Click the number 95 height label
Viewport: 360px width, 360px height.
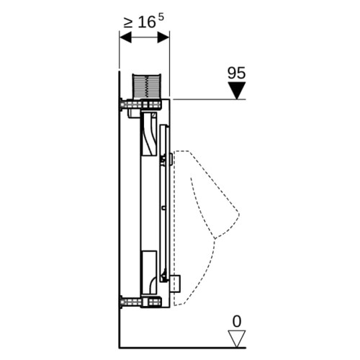[236, 73]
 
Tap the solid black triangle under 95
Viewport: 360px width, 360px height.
[237, 90]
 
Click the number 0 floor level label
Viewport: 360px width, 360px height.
[237, 321]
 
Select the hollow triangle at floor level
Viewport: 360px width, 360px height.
[237, 338]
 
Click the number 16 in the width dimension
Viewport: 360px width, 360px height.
[147, 22]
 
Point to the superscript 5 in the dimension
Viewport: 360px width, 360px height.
[161, 17]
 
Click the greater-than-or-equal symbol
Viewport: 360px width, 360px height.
[128, 23]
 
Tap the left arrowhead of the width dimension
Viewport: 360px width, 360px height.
[125, 37]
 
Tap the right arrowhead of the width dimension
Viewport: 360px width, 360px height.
[163, 37]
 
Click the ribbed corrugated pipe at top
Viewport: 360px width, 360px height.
[146, 85]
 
